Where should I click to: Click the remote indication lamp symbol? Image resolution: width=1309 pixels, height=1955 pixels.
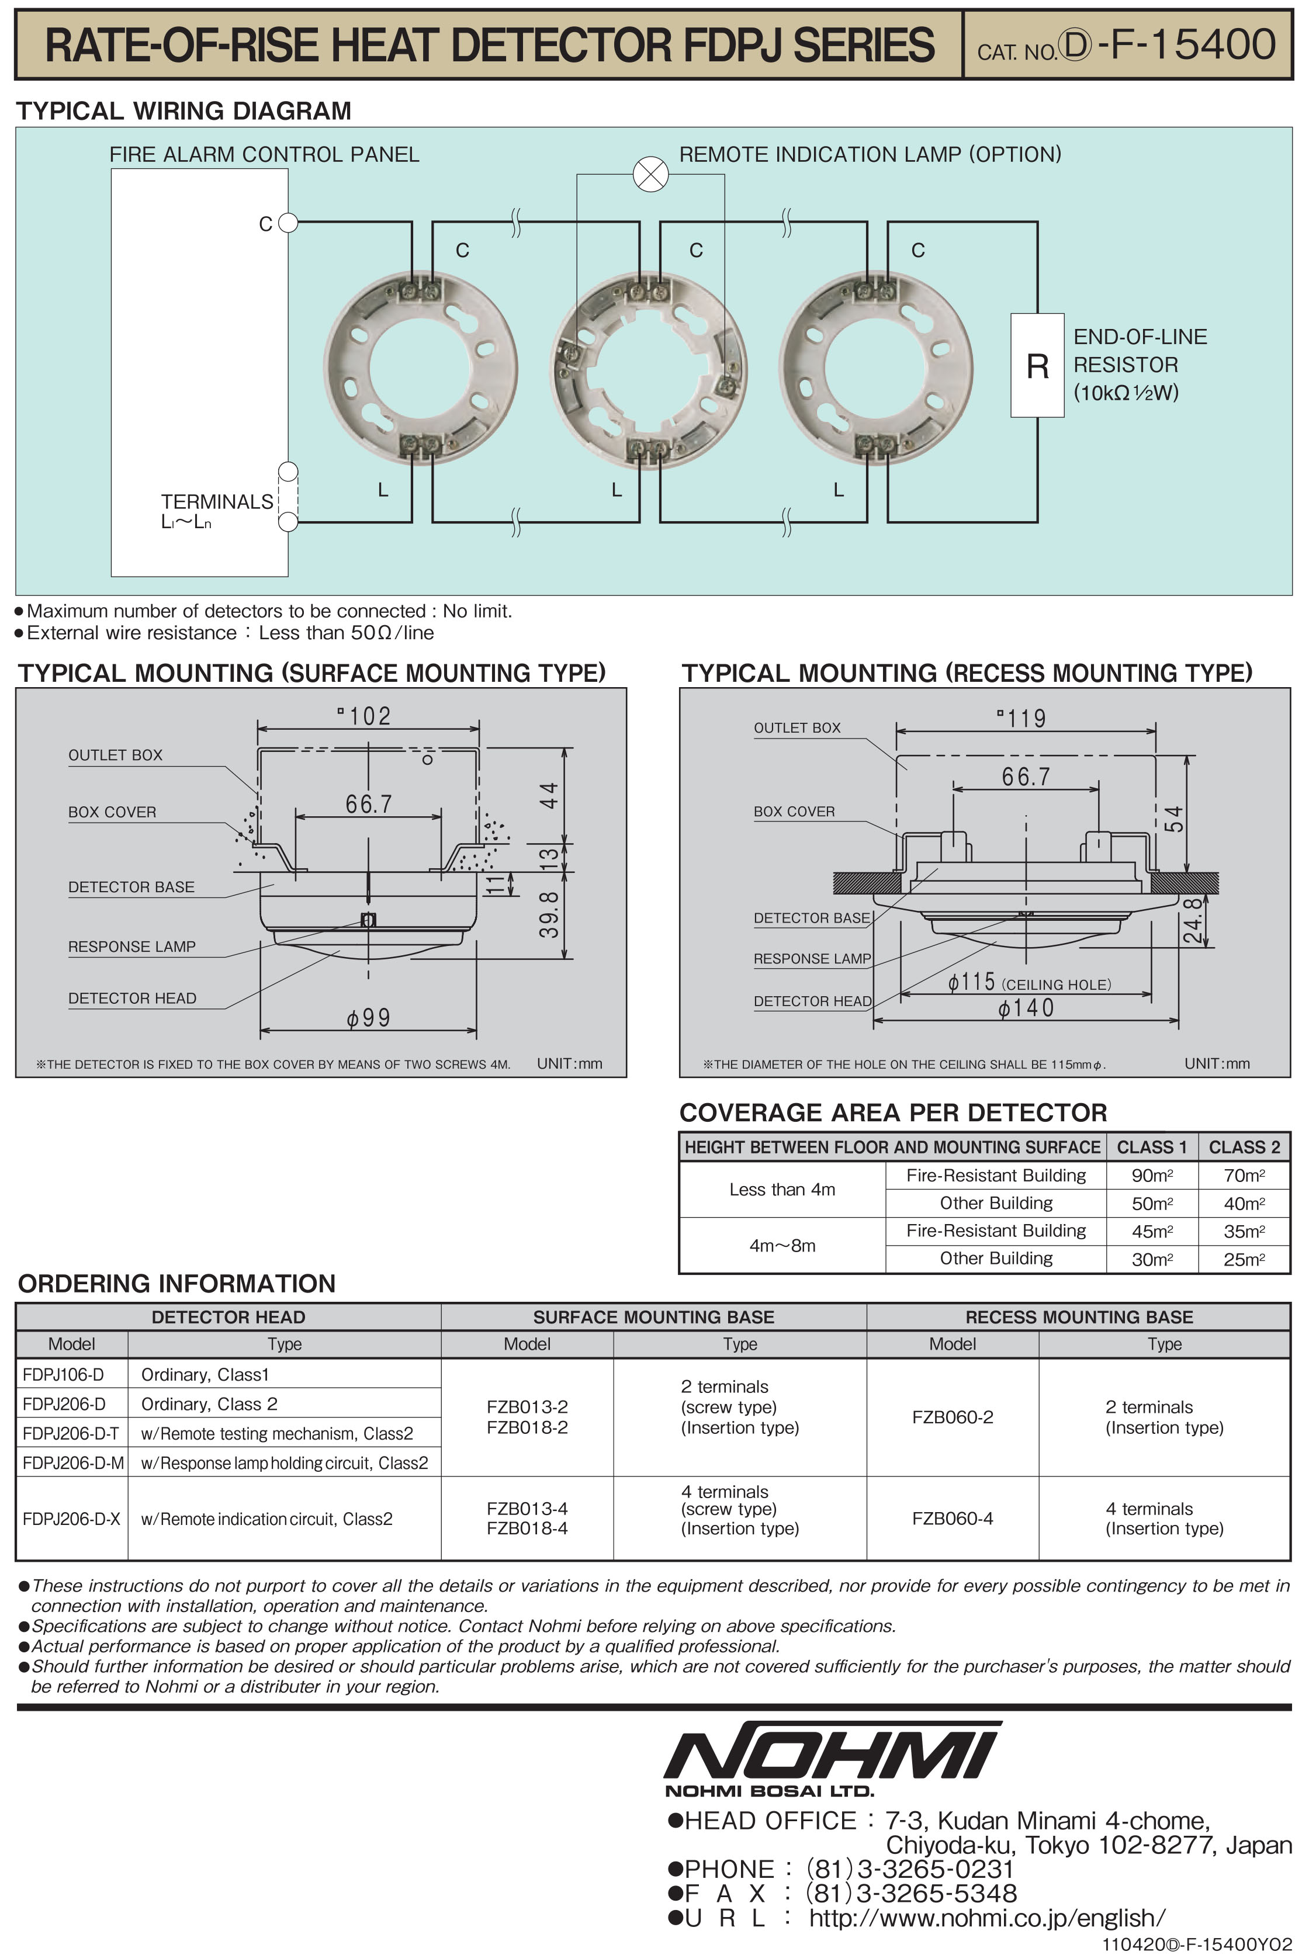(x=650, y=175)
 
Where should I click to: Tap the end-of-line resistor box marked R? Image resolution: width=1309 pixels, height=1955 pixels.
(x=1037, y=365)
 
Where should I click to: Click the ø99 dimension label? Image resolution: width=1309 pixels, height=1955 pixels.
(x=368, y=1018)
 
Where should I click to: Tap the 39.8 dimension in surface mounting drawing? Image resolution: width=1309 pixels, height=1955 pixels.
(x=549, y=914)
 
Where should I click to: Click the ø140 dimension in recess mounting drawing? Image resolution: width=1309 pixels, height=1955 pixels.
(x=1026, y=1007)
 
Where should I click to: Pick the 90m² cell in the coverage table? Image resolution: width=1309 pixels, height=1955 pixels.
(x=1151, y=1176)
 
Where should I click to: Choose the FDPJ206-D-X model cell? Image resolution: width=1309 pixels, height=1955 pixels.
(x=72, y=1519)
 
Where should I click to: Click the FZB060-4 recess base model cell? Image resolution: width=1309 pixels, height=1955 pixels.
(x=953, y=1519)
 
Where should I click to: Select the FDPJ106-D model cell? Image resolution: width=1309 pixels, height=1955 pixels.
(x=64, y=1374)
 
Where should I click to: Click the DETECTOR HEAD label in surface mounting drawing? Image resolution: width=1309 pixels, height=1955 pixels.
(x=132, y=999)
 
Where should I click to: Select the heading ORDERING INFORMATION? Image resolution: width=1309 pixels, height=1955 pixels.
(x=177, y=1283)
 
